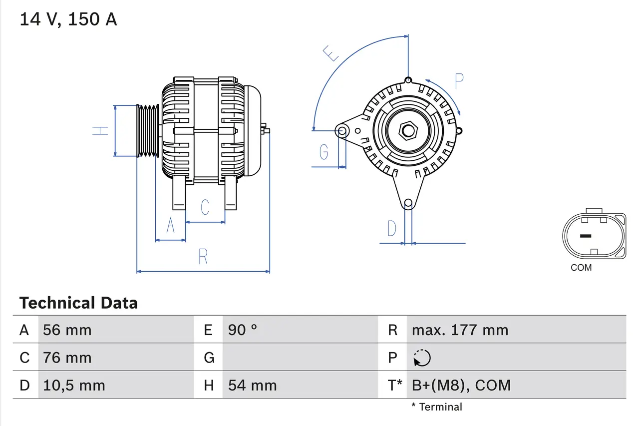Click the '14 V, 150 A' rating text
pos(68,19)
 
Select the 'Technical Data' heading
pos(78,303)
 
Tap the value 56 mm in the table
pos(67,330)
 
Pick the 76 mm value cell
pos(67,358)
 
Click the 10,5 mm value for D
pos(74,385)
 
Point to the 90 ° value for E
pos(243,330)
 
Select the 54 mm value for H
pos(252,385)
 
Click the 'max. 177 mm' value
pos(460,330)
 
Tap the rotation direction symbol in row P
pos(422,358)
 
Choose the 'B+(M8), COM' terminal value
pos(461,385)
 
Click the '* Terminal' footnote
pos(437,407)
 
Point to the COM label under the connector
pos(581,268)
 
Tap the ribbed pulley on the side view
pos(148,131)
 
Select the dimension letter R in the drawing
pos(203,256)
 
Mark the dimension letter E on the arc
pos(331,53)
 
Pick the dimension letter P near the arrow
pos(459,80)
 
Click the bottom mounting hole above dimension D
pos(408,203)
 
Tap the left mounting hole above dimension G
pos(342,131)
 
